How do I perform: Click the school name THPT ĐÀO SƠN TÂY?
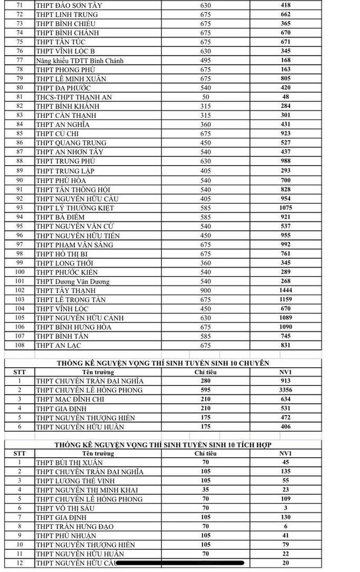69,5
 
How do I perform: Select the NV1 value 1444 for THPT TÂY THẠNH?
285,291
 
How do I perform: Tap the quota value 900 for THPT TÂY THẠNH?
205,291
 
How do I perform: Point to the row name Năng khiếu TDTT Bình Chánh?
80,61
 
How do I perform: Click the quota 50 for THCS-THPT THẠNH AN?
205,97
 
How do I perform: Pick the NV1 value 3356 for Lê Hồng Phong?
285,390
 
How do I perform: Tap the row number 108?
20,346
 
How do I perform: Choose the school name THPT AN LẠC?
59,346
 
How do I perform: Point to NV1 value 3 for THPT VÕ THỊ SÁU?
285,508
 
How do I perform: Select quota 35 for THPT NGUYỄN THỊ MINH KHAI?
205,490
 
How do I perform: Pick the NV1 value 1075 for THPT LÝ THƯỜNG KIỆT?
285,208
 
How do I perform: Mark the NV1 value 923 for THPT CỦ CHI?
285,134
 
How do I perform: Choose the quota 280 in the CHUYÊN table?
205,381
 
